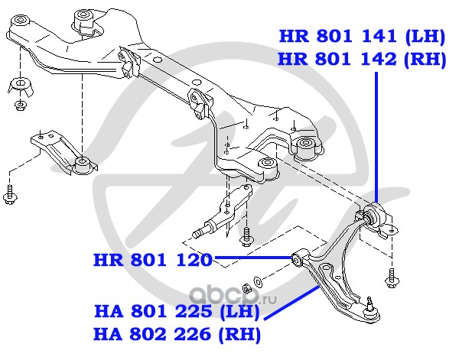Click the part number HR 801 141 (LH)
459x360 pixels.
pyautogui.click(x=362, y=37)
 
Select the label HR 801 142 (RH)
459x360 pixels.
pyautogui.click(x=362, y=60)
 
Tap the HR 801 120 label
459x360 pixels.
pyautogui.click(x=152, y=260)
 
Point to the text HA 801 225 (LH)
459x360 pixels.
pyautogui.click(x=177, y=311)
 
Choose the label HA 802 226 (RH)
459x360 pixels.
pyautogui.click(x=177, y=334)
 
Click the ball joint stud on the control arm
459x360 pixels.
pyautogui.click(x=370, y=304)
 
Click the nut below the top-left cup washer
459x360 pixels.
pyautogui.click(x=20, y=105)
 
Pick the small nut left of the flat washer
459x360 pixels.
pyautogui.click(x=247, y=288)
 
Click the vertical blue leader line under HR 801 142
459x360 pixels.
pyautogui.click(x=376, y=137)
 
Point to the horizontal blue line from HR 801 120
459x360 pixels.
pyautogui.click(x=253, y=258)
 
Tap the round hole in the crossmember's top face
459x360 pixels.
pyautogui.click(x=158, y=60)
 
